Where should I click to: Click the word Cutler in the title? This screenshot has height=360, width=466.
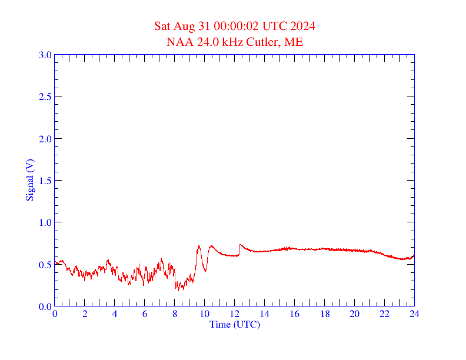tap(265, 42)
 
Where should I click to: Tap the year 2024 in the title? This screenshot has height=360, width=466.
tap(302, 26)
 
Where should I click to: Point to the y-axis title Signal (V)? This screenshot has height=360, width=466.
tap(29, 180)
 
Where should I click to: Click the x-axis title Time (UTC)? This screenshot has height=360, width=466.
tap(234, 324)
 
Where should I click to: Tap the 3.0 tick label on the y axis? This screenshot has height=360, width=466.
tap(45, 55)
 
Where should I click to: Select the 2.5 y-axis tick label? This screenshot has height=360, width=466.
tap(45, 96)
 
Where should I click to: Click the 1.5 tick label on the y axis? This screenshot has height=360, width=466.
tap(45, 181)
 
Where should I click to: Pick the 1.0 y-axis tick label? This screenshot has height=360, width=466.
tap(45, 222)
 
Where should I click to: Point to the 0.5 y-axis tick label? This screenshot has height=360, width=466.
tap(45, 265)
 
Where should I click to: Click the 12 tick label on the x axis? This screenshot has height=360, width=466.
tap(234, 314)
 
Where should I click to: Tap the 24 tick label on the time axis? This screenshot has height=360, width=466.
tap(414, 314)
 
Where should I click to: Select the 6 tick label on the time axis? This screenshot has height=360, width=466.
tap(145, 314)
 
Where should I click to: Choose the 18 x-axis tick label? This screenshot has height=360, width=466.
tap(324, 314)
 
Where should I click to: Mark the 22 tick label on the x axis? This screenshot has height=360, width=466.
tap(384, 314)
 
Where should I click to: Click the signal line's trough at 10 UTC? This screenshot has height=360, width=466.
tap(205, 271)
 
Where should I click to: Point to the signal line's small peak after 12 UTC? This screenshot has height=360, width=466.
tap(240, 245)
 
